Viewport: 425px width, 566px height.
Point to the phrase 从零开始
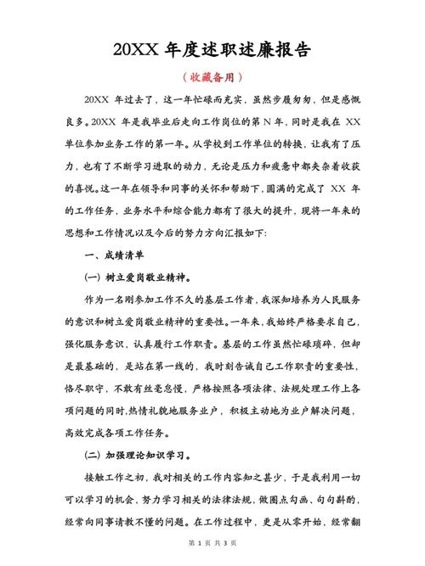click(292, 520)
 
